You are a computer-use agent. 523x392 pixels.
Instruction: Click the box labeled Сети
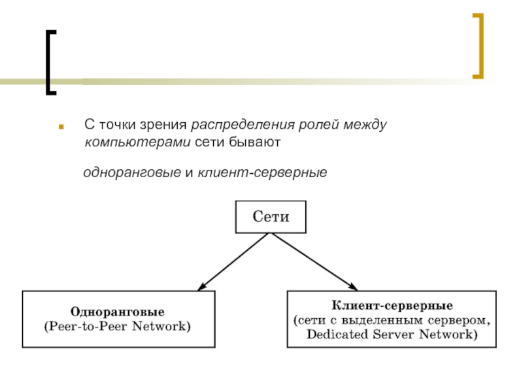(x=270, y=216)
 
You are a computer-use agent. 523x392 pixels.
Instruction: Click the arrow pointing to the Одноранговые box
(x=232, y=261)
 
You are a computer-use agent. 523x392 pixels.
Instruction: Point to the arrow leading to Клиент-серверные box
(x=314, y=261)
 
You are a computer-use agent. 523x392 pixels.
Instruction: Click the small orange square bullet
(x=61, y=125)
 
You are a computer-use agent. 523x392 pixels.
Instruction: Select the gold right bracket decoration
(x=479, y=45)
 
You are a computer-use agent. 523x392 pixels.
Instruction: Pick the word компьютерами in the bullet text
(x=137, y=141)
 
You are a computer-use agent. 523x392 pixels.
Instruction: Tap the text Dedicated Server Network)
(x=392, y=335)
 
